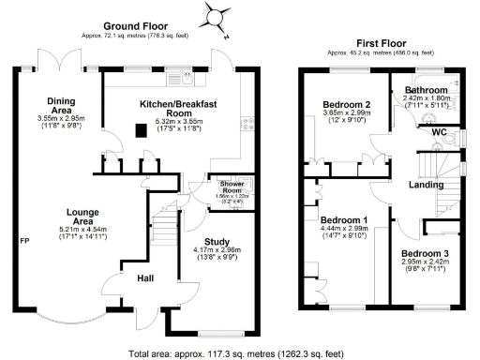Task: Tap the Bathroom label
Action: pos(427,89)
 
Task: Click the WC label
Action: pos(439,132)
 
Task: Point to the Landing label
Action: pos(427,185)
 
